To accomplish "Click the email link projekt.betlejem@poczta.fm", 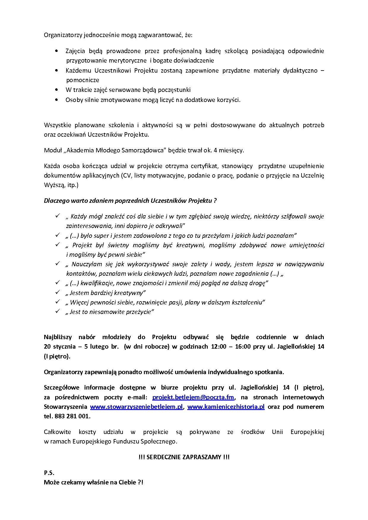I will pyautogui.click(x=193, y=397).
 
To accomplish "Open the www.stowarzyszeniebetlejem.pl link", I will pyautogui.click(x=137, y=407).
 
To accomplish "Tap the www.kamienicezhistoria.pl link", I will pyautogui.click(x=226, y=407).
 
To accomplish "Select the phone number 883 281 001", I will pyautogui.click(x=72, y=416).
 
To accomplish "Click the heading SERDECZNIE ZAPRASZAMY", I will pyautogui.click(x=184, y=457).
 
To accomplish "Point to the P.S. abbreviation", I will pyautogui.click(x=49, y=473).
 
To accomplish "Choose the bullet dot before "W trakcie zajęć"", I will pyautogui.click(x=57, y=90).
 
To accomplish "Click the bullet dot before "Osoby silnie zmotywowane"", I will pyautogui.click(x=57, y=100).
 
